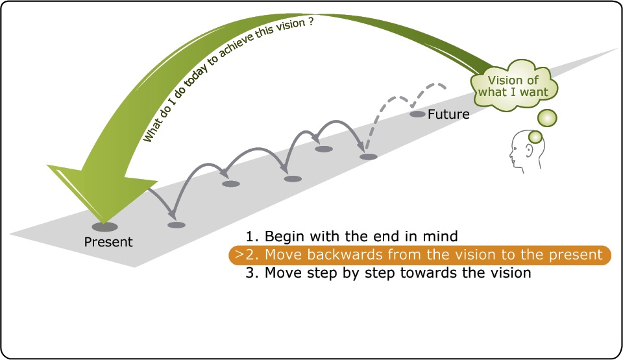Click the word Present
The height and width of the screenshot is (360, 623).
[108, 243]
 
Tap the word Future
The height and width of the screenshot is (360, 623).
[448, 114]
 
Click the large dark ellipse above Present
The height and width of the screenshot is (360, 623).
[104, 227]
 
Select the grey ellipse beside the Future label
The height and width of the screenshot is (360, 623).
[417, 114]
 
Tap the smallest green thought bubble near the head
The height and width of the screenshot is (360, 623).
[535, 136]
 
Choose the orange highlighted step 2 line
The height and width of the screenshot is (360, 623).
[420, 255]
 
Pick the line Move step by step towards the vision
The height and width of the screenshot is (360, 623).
[388, 273]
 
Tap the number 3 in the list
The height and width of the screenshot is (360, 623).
[250, 273]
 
